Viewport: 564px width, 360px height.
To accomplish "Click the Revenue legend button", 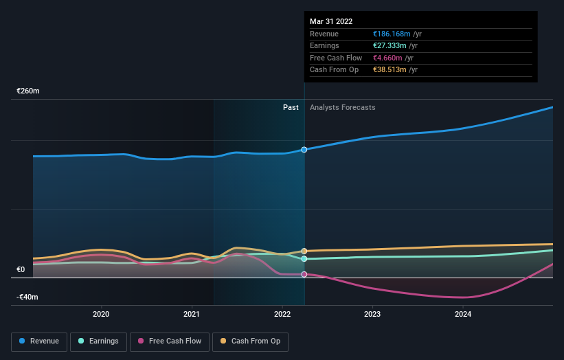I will pos(39,341).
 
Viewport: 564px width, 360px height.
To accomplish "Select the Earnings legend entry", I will pos(98,341).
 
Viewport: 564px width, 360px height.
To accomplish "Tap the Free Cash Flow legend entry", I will pos(169,341).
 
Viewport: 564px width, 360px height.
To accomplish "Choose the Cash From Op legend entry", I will pos(250,341).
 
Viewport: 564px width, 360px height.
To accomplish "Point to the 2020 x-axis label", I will pos(101,315).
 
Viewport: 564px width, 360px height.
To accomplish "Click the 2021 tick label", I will pos(192,315).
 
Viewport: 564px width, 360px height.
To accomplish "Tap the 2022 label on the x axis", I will pos(282,315).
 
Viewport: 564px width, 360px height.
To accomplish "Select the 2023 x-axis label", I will pos(372,315).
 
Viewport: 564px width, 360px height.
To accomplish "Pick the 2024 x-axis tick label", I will pos(463,315).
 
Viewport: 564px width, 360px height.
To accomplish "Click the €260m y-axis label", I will pos(28,91).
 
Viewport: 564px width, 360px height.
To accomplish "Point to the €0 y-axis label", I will pos(21,270).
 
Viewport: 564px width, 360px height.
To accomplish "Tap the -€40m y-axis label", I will pos(28,297).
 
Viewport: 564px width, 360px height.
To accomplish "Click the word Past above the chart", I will pos(291,107).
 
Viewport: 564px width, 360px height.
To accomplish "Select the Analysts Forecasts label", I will pos(343,107).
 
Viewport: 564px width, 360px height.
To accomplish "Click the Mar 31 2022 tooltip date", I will pos(331,21).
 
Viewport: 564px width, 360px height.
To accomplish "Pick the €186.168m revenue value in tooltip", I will pos(392,34).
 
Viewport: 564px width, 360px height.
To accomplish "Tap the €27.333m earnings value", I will pos(390,45).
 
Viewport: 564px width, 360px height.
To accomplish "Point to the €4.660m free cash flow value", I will pos(387,58).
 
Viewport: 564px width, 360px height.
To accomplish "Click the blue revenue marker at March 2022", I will pos(304,150).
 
